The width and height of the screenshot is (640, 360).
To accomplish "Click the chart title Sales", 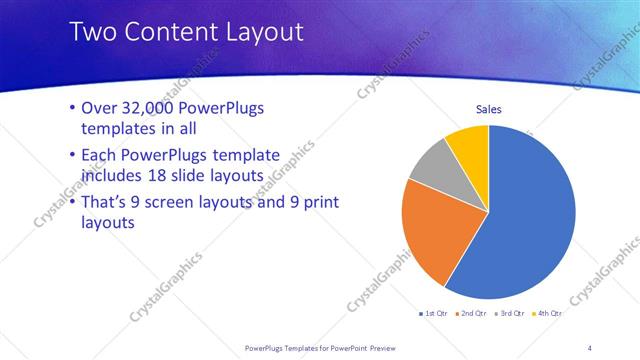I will (x=488, y=109).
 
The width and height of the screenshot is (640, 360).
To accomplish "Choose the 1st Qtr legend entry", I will (x=433, y=314).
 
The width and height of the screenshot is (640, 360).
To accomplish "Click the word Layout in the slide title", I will (x=258, y=32).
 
